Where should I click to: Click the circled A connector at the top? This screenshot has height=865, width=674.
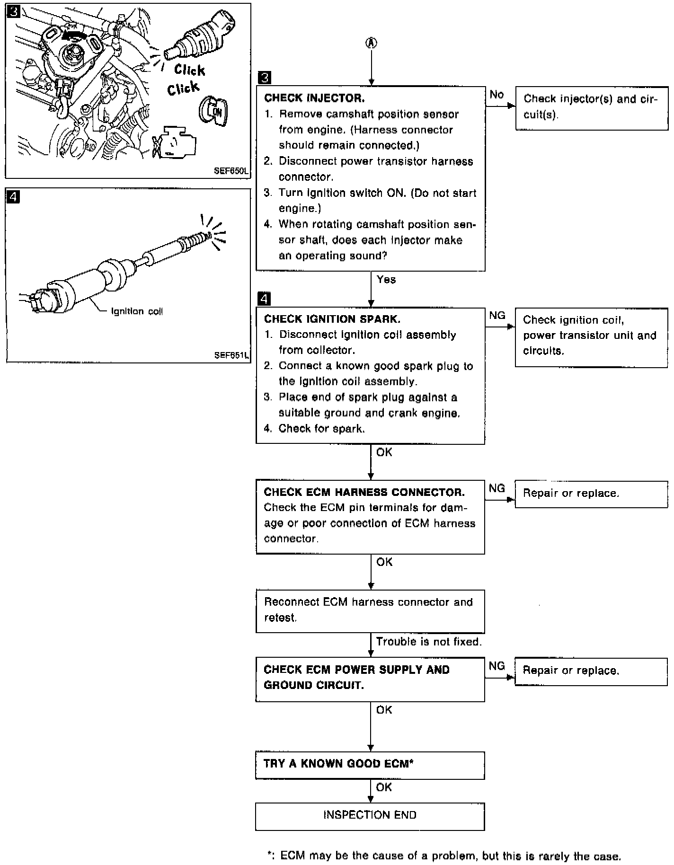[371, 43]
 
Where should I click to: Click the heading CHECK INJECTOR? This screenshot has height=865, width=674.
[314, 98]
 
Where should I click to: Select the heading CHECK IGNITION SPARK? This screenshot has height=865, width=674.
[332, 319]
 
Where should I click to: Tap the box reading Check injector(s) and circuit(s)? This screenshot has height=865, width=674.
[591, 107]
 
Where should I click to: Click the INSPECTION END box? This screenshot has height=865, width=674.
[370, 815]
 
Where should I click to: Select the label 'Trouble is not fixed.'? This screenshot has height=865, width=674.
[429, 642]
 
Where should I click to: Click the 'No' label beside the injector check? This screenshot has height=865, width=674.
[497, 95]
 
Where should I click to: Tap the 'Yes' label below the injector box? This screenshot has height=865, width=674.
[386, 280]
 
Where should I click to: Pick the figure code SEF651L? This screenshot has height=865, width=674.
[231, 355]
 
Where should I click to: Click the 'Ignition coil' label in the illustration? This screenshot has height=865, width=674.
[137, 311]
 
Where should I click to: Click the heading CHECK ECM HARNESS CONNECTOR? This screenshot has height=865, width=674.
[364, 492]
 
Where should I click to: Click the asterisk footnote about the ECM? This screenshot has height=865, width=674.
[444, 856]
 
